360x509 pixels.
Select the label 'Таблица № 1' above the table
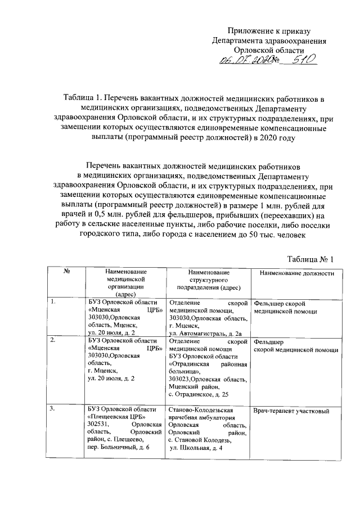pos(310,243)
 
